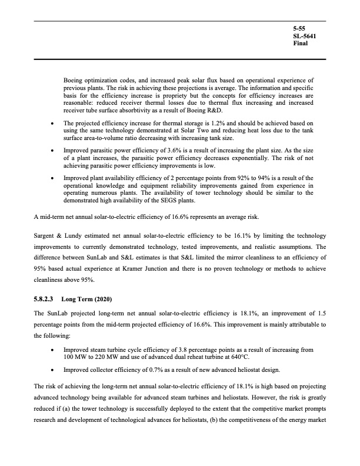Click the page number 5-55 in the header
[299, 28]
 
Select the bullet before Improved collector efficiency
[54, 370]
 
